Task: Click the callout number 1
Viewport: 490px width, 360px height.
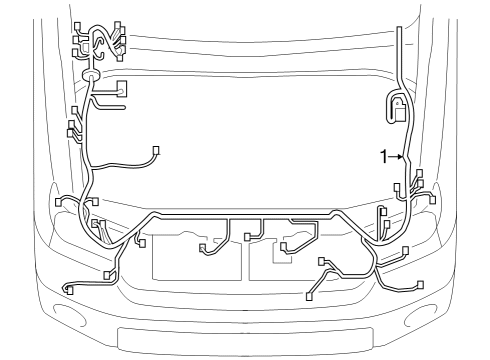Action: click(x=383, y=156)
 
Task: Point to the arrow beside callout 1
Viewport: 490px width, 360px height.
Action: click(x=396, y=156)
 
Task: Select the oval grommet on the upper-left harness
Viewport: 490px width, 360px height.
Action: click(x=88, y=75)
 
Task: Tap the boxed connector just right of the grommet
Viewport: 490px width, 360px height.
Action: click(x=122, y=88)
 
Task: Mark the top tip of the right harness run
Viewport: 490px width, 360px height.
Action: click(x=398, y=31)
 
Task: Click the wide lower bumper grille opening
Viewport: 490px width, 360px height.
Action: click(x=245, y=337)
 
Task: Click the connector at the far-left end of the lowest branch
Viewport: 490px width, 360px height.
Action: click(x=67, y=289)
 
